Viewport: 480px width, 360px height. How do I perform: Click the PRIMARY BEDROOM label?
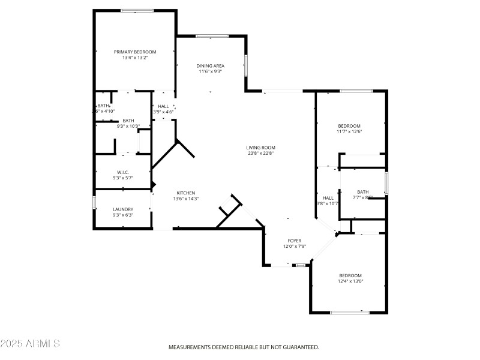point(135,52)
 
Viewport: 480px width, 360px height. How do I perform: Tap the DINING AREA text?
point(211,65)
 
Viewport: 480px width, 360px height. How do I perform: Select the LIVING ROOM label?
point(260,147)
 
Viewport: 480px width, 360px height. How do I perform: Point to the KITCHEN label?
point(185,193)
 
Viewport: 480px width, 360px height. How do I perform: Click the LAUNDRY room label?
point(123,209)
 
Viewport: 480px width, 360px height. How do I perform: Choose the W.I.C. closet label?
point(123,172)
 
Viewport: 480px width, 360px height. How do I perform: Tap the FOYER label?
point(295,241)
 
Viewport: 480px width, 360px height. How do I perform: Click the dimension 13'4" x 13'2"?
point(135,58)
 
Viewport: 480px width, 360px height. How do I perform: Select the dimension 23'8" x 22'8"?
point(260,153)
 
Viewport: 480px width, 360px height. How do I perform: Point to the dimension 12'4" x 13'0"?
point(350,281)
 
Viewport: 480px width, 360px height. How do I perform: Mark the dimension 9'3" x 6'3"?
point(123,215)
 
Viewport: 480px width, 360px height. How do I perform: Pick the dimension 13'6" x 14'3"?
point(185,199)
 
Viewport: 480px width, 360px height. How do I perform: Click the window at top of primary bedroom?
point(137,10)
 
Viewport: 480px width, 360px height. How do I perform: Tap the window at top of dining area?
point(212,36)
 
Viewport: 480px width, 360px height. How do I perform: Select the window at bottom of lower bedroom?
point(350,312)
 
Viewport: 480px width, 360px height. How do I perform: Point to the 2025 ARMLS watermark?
point(30,344)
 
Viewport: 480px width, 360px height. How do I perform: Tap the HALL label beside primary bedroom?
point(163,106)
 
